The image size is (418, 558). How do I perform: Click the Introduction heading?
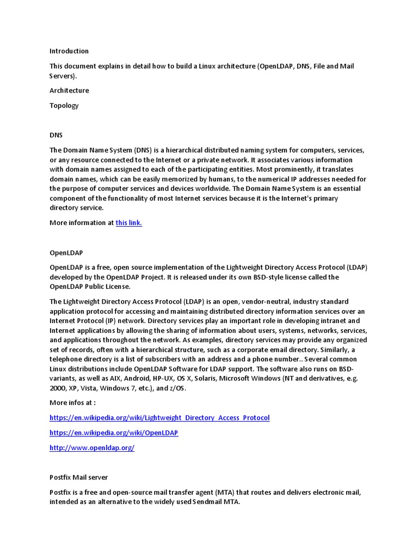69,51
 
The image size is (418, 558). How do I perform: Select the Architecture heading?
69,90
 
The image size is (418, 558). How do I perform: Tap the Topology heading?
64,106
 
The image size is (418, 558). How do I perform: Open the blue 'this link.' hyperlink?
128,222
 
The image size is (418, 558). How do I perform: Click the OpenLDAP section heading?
66,253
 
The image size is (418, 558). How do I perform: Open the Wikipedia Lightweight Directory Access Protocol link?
159,417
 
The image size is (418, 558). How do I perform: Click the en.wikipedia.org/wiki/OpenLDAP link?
114,433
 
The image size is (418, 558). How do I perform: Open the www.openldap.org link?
92,448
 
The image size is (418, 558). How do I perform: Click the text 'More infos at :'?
73,402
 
